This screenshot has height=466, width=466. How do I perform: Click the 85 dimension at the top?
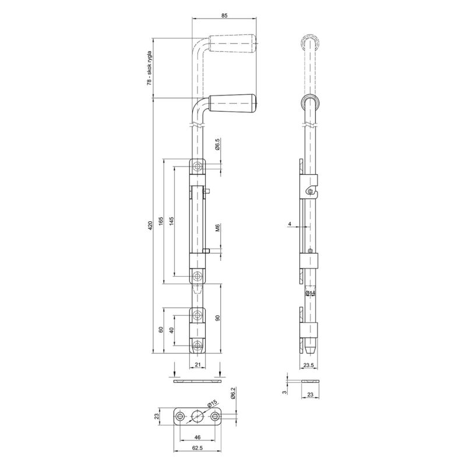[x=224, y=16]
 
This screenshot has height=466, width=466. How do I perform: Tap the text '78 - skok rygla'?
[x=149, y=68]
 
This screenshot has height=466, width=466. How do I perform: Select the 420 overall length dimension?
[x=150, y=225]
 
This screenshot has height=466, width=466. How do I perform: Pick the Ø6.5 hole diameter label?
[x=217, y=144]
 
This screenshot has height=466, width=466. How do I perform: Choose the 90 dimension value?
[x=217, y=317]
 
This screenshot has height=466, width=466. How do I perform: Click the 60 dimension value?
[x=161, y=330]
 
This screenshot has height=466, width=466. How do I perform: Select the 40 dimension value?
[x=171, y=330]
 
